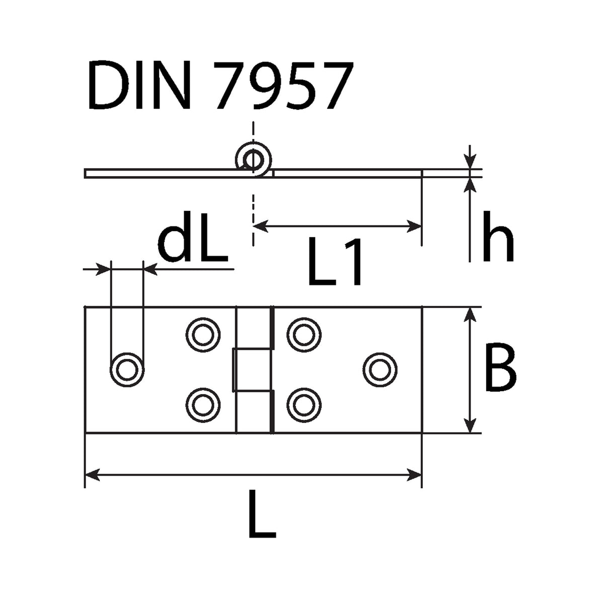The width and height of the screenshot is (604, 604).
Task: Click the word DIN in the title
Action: click(x=140, y=85)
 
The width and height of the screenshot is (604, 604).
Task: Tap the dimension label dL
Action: click(x=192, y=237)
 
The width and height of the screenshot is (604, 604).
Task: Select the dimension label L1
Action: click(x=334, y=262)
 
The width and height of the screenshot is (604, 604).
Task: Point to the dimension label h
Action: click(x=498, y=237)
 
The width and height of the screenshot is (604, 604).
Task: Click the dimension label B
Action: click(x=500, y=367)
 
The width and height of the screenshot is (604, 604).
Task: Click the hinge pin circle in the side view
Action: click(x=253, y=161)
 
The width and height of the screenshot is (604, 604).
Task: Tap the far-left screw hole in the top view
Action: click(x=127, y=370)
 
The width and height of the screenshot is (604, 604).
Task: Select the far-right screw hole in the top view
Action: click(x=380, y=370)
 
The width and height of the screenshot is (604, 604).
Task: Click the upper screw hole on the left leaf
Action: click(x=203, y=335)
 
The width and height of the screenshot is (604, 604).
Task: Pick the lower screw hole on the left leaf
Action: click(x=203, y=406)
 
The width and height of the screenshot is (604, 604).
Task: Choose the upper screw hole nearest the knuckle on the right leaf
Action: click(x=304, y=335)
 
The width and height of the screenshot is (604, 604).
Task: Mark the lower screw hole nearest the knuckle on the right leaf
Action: click(x=304, y=406)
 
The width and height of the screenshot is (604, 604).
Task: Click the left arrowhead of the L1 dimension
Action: click(x=260, y=226)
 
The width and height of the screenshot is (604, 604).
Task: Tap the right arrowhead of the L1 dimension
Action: click(x=414, y=226)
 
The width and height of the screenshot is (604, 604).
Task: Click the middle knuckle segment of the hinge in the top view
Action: click(x=251, y=370)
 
